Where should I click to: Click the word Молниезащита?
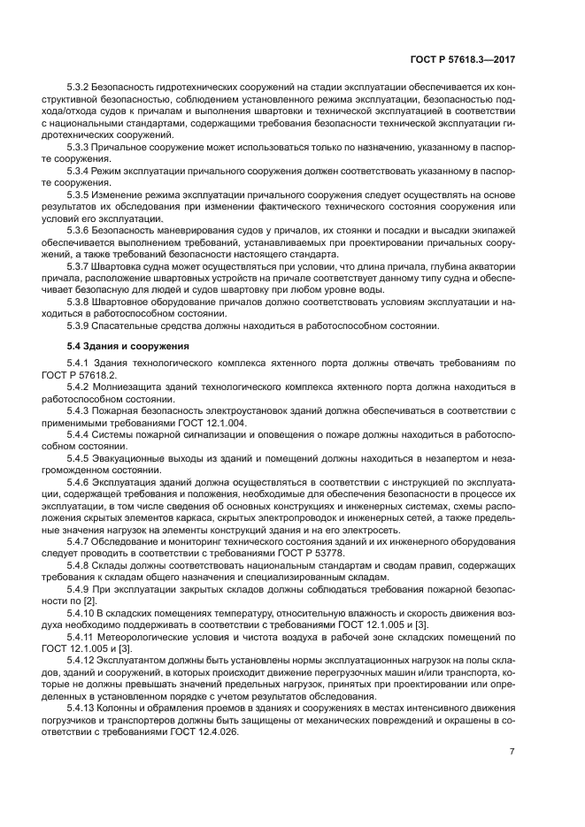coord(131,386)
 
